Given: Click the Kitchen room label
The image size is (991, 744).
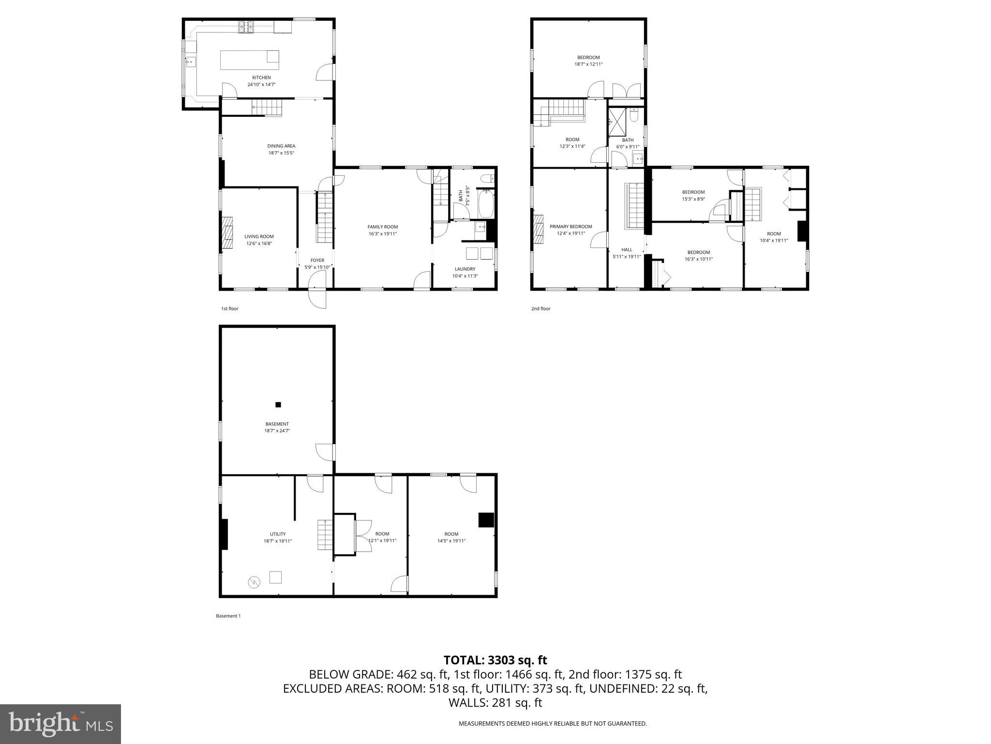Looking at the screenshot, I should click(x=261, y=77).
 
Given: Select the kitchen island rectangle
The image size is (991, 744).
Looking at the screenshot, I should click(x=250, y=60).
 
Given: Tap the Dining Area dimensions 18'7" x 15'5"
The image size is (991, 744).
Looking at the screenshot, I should click(x=281, y=153).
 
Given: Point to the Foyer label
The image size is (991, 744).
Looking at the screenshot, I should click(x=317, y=261).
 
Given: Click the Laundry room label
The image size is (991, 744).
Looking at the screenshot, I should click(x=465, y=269).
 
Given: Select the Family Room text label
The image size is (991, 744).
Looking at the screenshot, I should click(x=382, y=227).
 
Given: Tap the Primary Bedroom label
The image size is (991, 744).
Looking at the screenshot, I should click(x=571, y=227).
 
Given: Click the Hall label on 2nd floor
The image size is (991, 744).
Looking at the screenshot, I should click(x=627, y=250).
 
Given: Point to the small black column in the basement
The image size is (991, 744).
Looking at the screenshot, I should click(x=278, y=404).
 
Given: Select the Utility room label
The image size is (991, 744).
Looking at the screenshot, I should click(x=278, y=534).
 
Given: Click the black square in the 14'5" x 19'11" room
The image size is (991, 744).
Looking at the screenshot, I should click(x=485, y=520).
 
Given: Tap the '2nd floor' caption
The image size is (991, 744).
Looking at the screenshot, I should click(x=541, y=309).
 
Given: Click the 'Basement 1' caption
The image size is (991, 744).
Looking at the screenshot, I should click(x=228, y=616).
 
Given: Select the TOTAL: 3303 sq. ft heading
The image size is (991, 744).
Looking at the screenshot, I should click(x=495, y=660).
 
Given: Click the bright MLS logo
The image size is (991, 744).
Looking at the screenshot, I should click(x=60, y=724).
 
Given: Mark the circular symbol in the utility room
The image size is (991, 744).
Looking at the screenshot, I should click(x=253, y=582).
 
